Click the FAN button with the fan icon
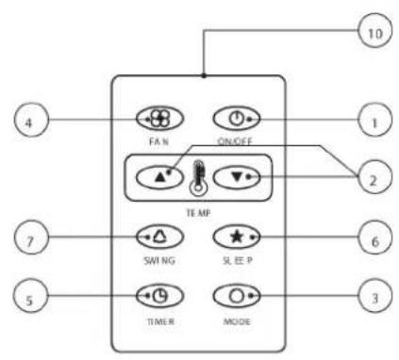pos(159,119)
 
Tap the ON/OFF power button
pos(237,119)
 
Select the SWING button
pos(159,237)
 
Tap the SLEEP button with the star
pos(237,237)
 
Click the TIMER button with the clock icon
pos(159,296)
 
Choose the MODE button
pos(237,296)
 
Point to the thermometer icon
pos(198,178)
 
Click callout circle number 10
pos(375,30)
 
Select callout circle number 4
pos(31,120)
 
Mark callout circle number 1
pos(375,120)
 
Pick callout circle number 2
pos(375,177)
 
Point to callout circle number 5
pos(30,296)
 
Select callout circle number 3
pos(375,296)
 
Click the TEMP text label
pos(198,213)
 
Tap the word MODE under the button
pos(237,321)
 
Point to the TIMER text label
pos(160,321)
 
